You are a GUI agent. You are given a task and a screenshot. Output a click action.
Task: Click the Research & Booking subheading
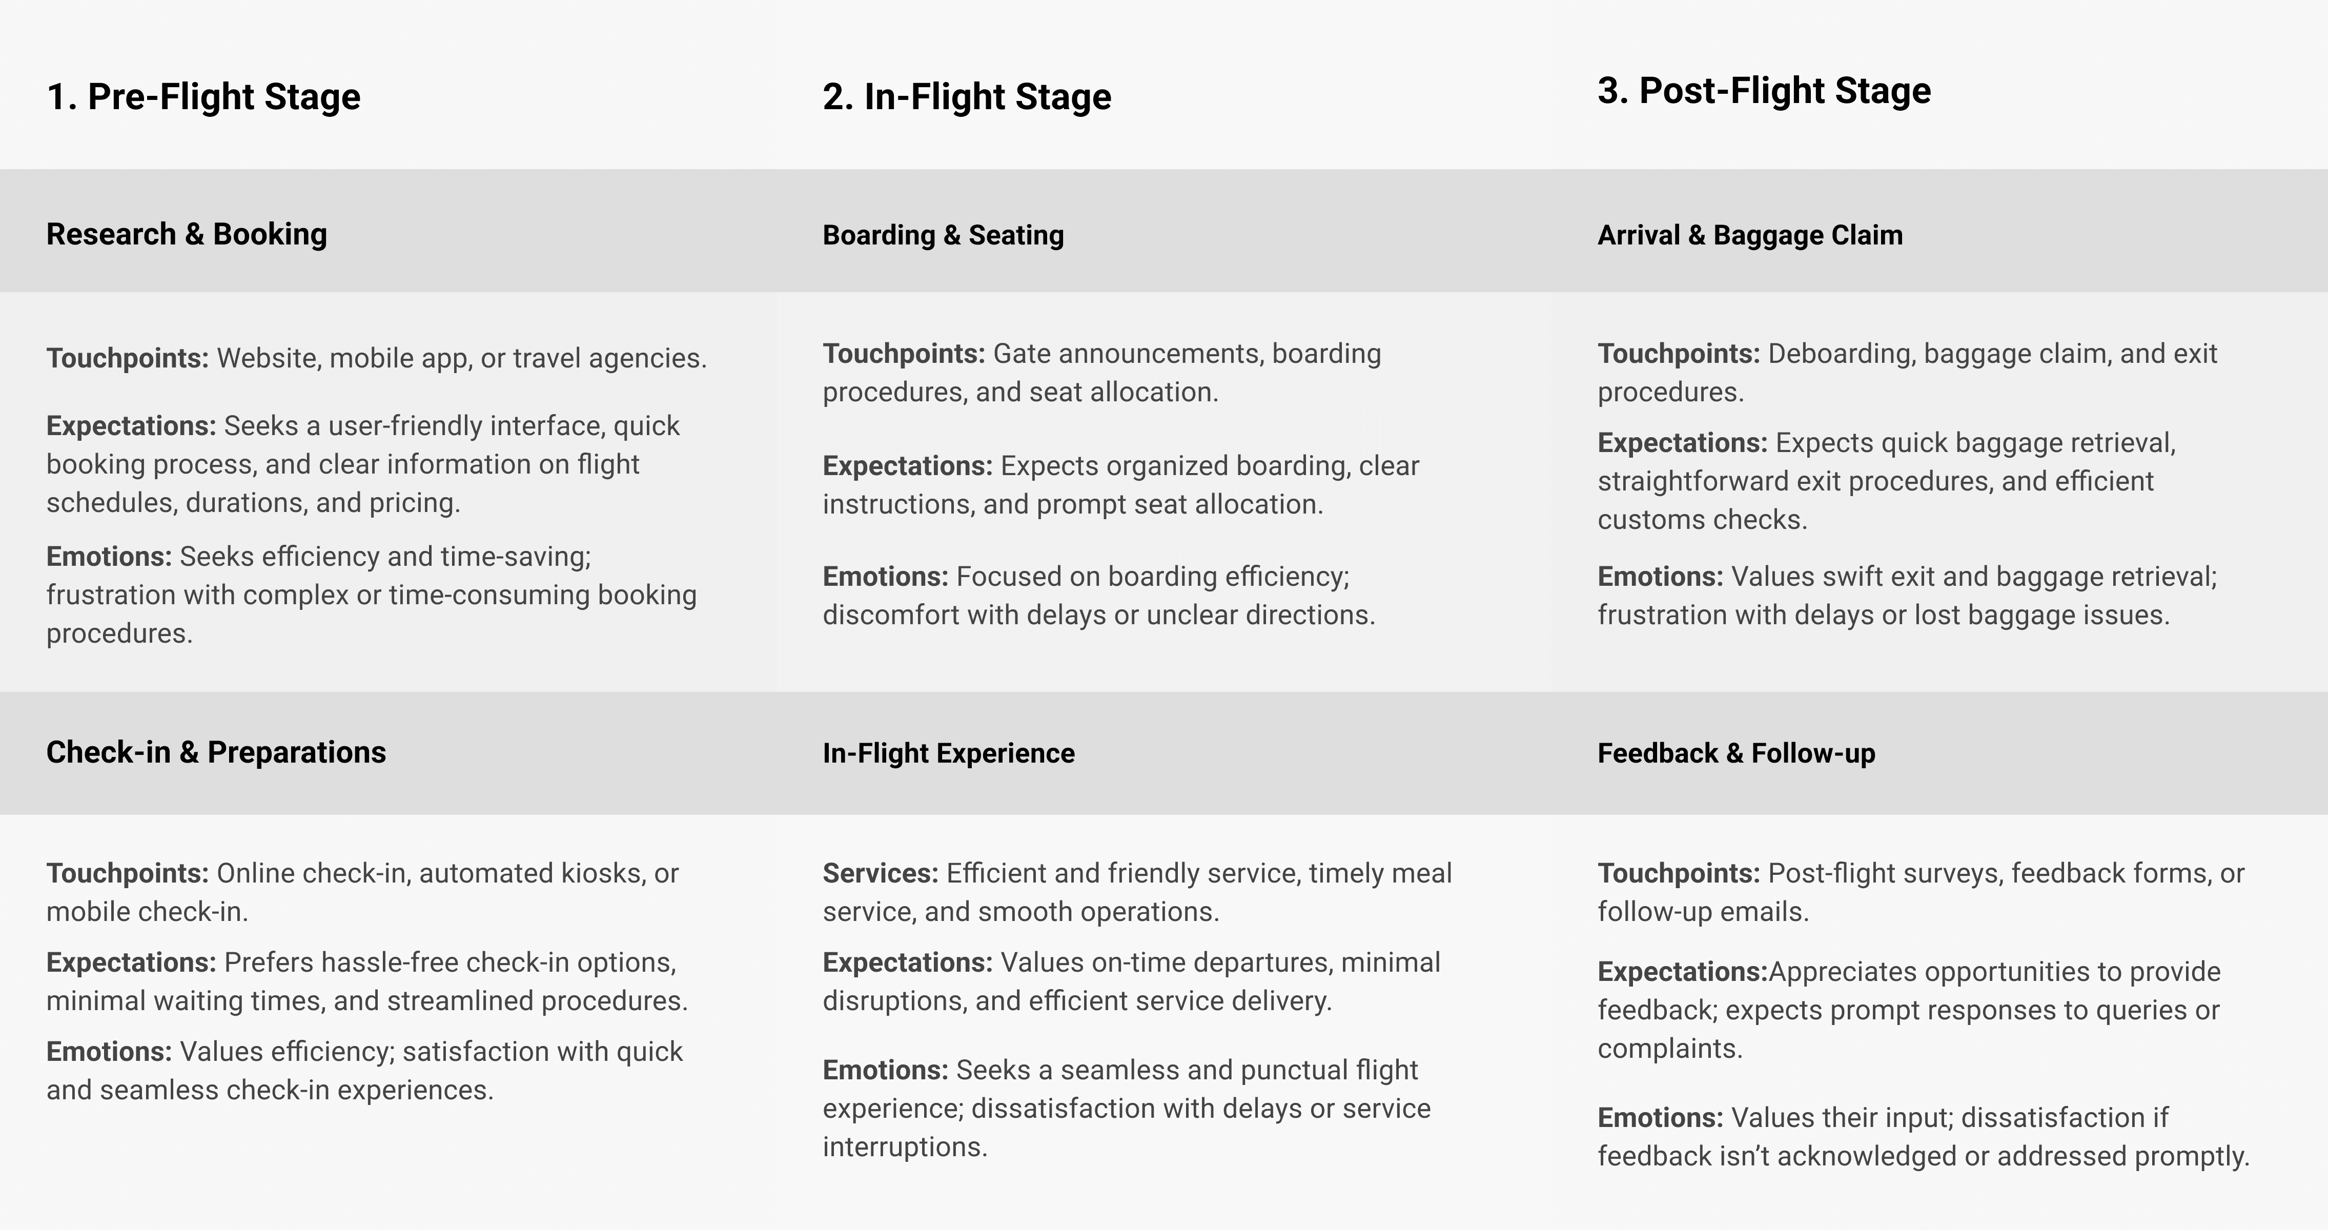[x=186, y=234]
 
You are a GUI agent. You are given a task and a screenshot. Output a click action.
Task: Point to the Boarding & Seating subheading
[x=943, y=235]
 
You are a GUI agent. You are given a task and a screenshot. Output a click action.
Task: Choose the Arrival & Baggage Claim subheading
[x=1750, y=235]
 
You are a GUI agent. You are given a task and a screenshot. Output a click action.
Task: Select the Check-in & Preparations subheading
[x=215, y=752]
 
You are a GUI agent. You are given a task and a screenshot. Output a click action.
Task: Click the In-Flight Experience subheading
[x=948, y=753]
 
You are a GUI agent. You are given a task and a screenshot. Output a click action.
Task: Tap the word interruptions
[x=904, y=1147]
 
